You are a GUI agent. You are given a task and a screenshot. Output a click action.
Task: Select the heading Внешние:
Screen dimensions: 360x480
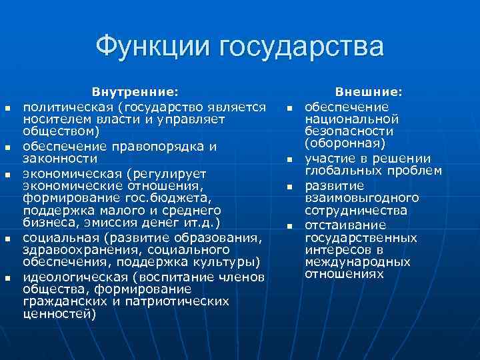tap(369, 91)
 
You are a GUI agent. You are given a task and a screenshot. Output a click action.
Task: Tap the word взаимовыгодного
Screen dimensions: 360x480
tap(362, 198)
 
